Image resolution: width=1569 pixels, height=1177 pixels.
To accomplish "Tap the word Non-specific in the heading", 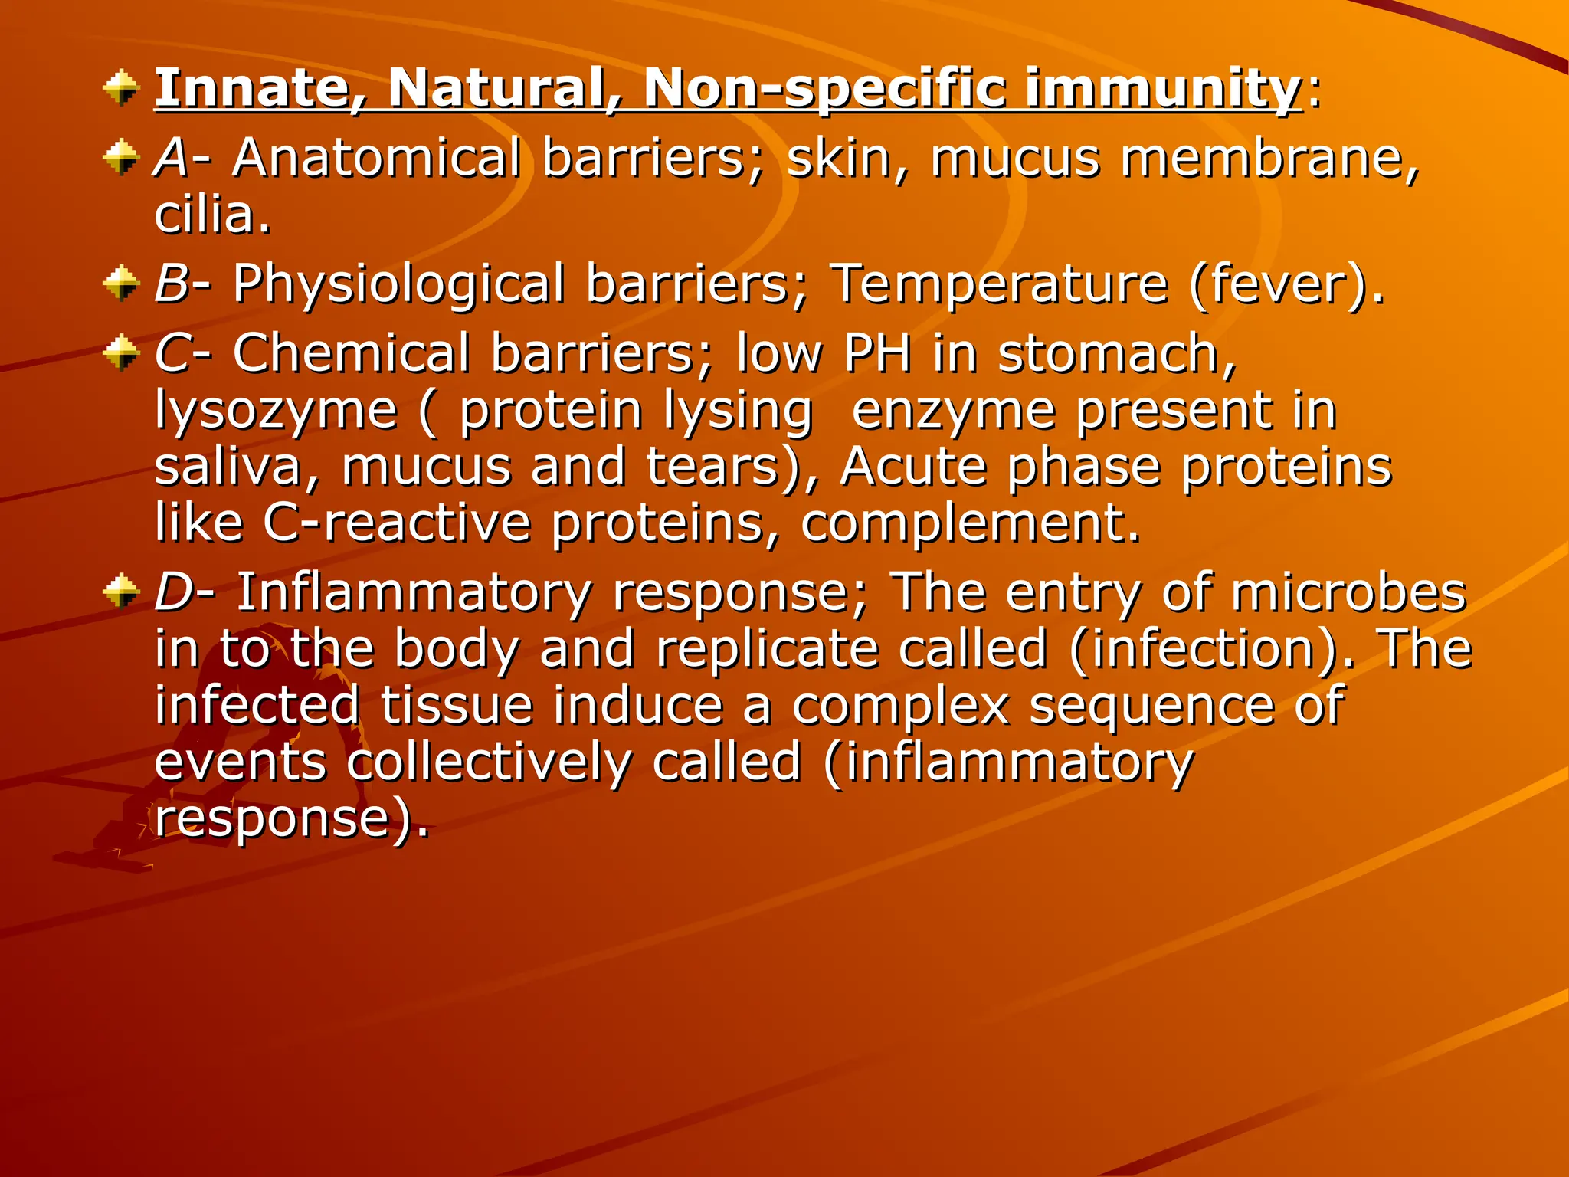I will [x=824, y=87].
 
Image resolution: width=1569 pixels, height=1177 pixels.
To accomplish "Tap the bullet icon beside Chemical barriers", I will [x=120, y=353].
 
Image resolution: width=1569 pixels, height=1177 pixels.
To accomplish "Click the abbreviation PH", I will [x=877, y=353].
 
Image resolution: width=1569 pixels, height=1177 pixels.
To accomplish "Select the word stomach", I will [x=1115, y=353].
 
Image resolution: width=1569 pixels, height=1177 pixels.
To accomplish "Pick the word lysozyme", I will [x=276, y=411].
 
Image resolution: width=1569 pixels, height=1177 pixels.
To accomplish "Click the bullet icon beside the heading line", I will [x=120, y=87].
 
